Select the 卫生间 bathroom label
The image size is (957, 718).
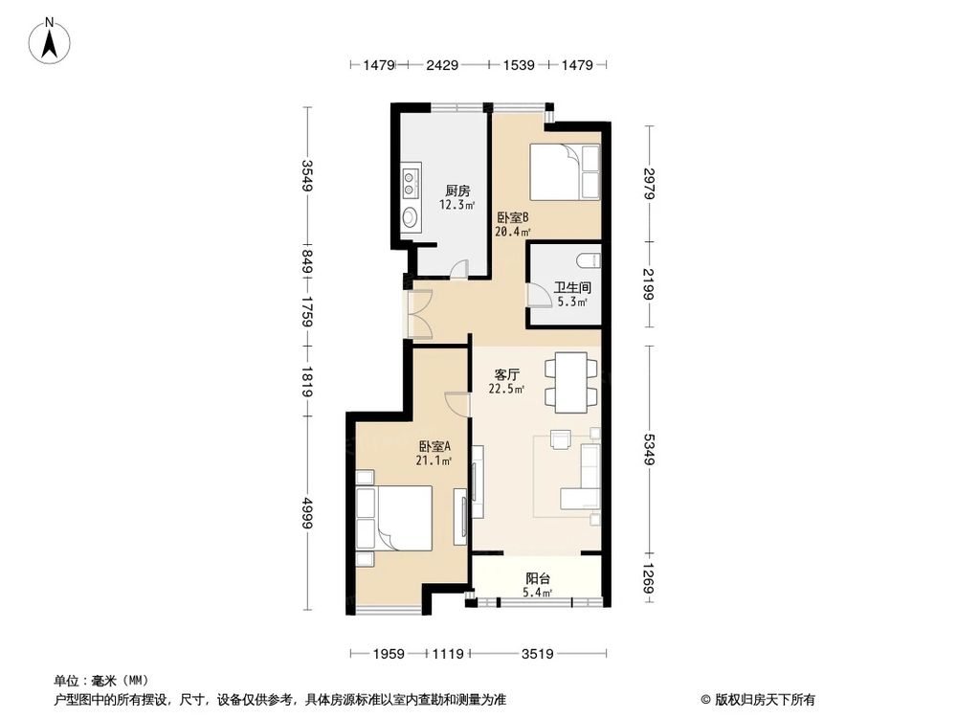point(571,287)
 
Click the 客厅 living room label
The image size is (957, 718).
point(506,374)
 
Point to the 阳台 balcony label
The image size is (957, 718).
point(537,579)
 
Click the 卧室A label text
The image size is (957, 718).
point(434,446)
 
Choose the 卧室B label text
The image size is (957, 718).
point(512,217)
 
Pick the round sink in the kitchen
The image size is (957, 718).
point(410,217)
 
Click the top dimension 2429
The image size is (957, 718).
point(442,65)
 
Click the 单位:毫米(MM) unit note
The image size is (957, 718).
point(95,680)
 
